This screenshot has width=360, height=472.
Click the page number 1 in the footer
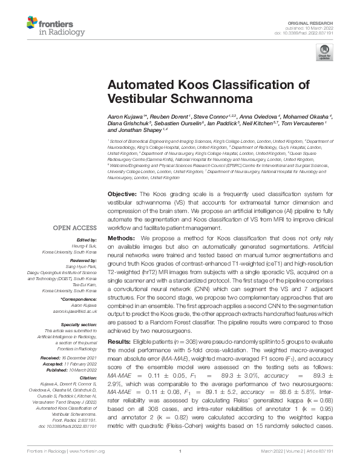(180, 468)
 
